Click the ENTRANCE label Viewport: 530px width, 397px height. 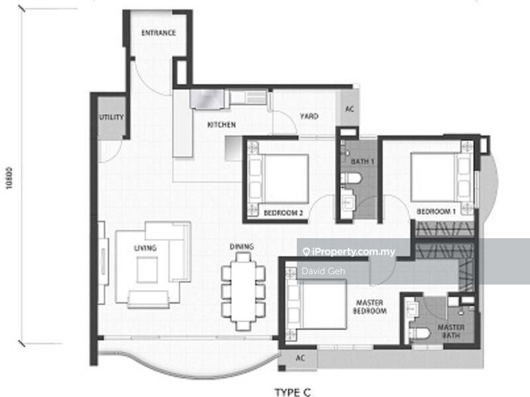(x=158, y=32)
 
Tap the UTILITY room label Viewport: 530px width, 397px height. (x=111, y=117)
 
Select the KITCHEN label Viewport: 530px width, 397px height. (x=221, y=124)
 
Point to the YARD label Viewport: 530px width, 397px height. (x=309, y=116)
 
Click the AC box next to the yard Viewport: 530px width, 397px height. (x=350, y=109)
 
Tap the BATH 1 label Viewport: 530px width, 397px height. (x=362, y=161)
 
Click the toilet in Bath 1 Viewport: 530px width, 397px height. (x=350, y=178)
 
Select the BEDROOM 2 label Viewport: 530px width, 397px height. (x=283, y=213)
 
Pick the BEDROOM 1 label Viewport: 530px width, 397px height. (x=436, y=212)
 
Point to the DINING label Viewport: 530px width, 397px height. (x=242, y=247)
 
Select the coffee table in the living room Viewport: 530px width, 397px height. (x=147, y=269)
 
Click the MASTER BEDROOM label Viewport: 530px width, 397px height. (x=370, y=306)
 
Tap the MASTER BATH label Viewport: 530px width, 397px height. (x=451, y=331)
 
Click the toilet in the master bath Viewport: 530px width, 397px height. (x=419, y=333)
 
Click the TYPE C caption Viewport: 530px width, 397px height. (x=292, y=392)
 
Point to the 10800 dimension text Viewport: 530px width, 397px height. (x=9, y=178)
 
